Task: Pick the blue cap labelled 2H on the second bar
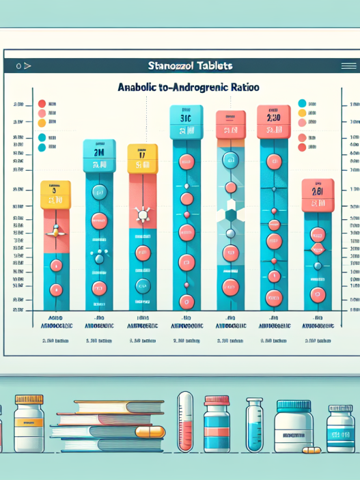(99, 155)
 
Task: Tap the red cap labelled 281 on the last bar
(317, 194)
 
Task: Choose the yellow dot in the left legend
(42, 123)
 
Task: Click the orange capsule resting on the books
(150, 432)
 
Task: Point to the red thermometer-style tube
(185, 421)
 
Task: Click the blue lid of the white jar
(294, 406)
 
